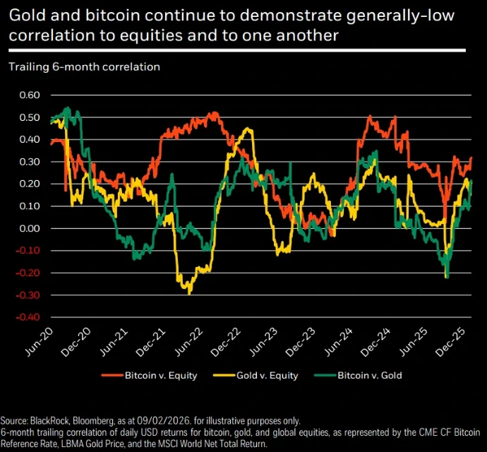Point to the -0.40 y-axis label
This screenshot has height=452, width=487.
pyautogui.click(x=30, y=317)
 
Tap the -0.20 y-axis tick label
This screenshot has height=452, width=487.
pyautogui.click(x=30, y=273)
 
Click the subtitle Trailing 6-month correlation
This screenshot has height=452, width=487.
pyautogui.click(x=84, y=67)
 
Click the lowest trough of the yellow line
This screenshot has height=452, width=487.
pyautogui.click(x=189, y=292)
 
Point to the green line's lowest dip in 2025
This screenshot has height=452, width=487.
pyautogui.click(x=447, y=277)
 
